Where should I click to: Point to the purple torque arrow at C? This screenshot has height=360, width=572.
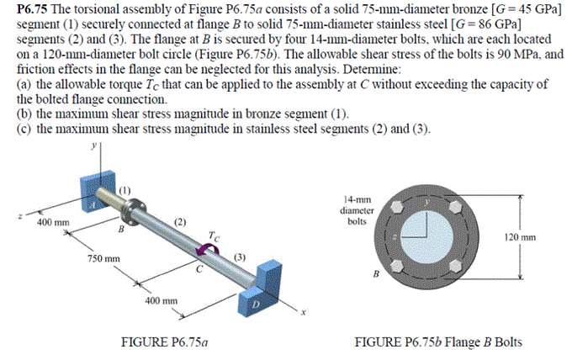[x=204, y=250]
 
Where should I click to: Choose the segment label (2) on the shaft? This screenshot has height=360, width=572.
[x=180, y=221]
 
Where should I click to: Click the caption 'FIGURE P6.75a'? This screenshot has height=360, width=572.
[x=163, y=342]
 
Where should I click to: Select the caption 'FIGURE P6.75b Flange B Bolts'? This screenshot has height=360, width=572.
[x=438, y=342]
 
